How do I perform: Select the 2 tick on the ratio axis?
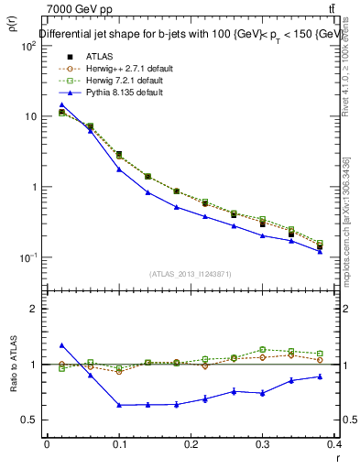click(x=32, y=309)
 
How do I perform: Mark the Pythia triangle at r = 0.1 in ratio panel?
click(x=119, y=405)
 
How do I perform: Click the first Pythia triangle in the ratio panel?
click(x=61, y=345)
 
